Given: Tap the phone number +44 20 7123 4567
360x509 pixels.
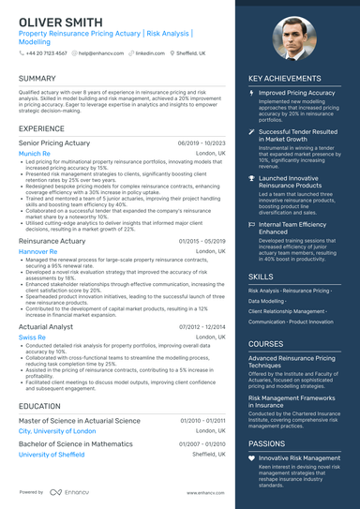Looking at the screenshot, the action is [x=45, y=53].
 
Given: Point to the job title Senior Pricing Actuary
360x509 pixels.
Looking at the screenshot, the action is [x=55, y=142].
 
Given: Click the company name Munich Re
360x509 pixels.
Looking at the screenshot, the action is [x=35, y=153].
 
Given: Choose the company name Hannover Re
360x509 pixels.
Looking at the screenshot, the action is [x=38, y=251].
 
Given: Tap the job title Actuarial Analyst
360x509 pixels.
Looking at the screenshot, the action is [x=47, y=325].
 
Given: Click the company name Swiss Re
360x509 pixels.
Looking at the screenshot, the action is [x=32, y=337].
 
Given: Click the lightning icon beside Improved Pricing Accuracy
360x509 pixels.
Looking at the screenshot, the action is [x=251, y=94].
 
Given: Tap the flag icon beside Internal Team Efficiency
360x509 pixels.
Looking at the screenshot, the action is [x=251, y=225].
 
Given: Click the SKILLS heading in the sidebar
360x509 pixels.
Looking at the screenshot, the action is [x=262, y=277].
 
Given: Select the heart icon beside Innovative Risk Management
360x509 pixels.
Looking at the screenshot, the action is [x=251, y=457].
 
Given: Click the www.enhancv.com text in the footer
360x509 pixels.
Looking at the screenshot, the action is [x=205, y=492].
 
